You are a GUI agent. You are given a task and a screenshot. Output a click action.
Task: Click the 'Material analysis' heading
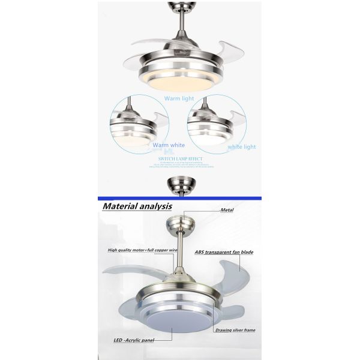coord(137,206)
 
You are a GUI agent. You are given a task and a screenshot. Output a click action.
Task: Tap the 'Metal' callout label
coord(227,211)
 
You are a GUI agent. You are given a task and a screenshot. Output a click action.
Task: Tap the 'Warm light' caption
coord(179,98)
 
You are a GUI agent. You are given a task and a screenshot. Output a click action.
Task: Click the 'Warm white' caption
coord(169,145)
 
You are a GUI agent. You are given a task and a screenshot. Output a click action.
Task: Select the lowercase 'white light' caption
coord(242,146)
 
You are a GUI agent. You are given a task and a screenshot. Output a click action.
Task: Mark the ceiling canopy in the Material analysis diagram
coord(180,227)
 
